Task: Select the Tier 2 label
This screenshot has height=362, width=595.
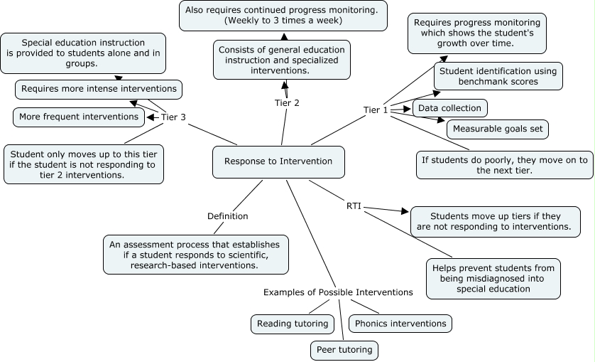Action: [287, 103]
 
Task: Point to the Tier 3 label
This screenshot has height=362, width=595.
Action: [173, 117]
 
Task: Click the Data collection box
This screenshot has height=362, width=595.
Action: [449, 108]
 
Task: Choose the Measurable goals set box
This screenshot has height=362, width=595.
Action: [497, 129]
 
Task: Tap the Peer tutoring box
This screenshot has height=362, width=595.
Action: [344, 350]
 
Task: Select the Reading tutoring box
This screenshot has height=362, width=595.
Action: [293, 324]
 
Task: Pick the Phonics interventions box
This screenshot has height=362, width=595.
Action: [400, 324]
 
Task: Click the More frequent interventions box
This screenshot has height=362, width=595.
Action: [79, 117]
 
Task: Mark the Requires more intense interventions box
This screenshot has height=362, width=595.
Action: [99, 89]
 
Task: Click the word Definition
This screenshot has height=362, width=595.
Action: [227, 216]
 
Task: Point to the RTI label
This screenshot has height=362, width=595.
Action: [354, 206]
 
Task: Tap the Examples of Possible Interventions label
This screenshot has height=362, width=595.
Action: [338, 292]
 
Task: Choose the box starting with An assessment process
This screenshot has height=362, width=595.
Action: [195, 255]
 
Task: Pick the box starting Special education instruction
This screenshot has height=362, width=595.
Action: [83, 53]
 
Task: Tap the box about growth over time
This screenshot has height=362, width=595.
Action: [477, 33]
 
